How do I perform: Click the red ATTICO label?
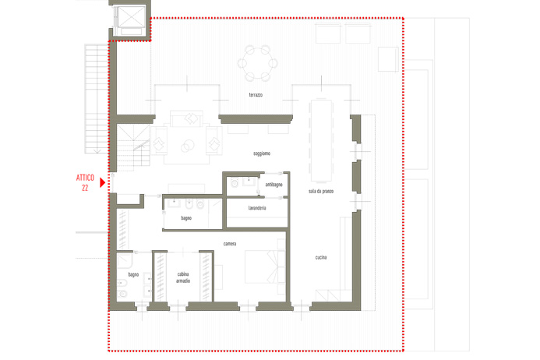point(85,178)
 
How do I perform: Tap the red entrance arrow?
point(102,182)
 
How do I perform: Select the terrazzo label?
point(256,95)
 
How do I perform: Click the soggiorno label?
point(262,154)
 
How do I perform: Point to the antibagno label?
point(274,185)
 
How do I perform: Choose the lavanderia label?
point(257,208)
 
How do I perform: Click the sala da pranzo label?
point(321,191)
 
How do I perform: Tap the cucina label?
point(321,257)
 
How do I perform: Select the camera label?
point(230,244)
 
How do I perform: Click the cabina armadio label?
point(183,277)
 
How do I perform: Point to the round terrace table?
point(258,63)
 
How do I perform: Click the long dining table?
point(322,140)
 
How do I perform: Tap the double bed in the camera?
point(265,266)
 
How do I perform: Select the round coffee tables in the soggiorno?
point(187,146)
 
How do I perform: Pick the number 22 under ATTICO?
point(85,188)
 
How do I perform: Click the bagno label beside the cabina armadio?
point(133,274)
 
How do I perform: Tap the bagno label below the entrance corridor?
point(186,218)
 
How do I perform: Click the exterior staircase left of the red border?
point(97,98)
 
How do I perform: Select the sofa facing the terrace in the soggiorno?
point(187,118)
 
